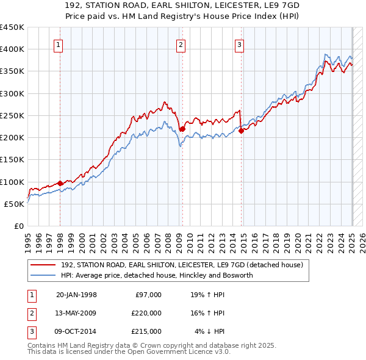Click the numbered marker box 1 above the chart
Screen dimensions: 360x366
(x=58, y=44)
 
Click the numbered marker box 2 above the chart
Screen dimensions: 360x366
(x=181, y=44)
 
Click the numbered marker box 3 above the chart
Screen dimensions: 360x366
(x=239, y=44)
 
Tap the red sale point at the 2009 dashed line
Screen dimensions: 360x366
(x=182, y=128)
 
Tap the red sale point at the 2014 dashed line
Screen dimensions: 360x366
(x=241, y=130)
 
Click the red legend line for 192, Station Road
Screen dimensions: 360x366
(x=43, y=265)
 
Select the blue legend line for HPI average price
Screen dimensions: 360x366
(x=43, y=275)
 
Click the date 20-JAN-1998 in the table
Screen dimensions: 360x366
(x=76, y=295)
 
